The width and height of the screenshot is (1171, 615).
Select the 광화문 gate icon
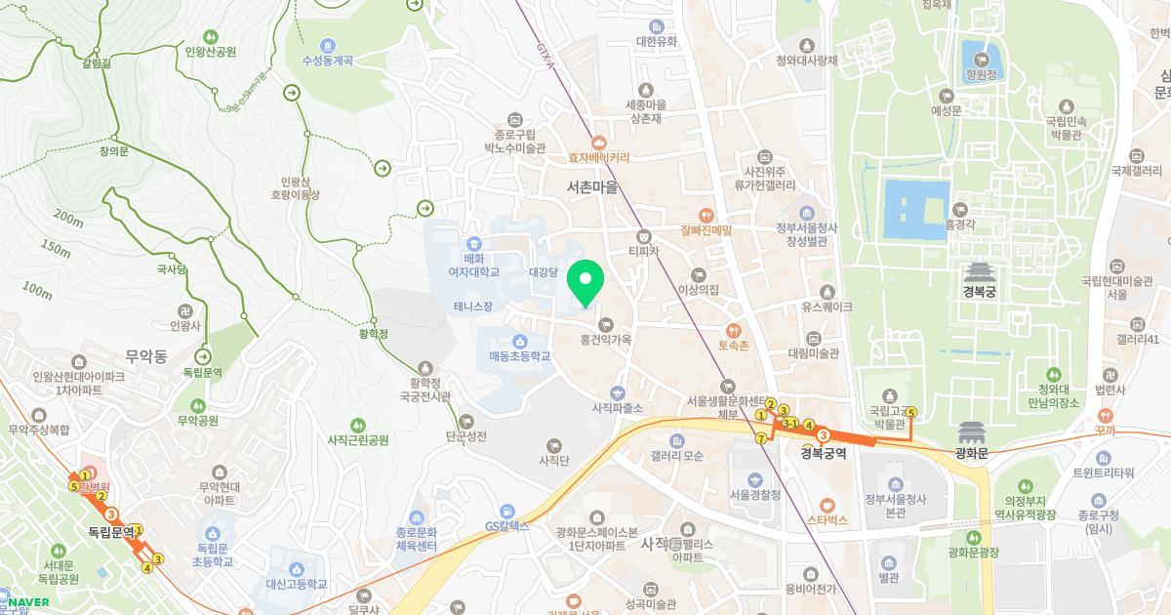point(973,431)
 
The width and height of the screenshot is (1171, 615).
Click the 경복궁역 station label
point(823,452)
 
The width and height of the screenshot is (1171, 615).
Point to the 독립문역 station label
point(103,531)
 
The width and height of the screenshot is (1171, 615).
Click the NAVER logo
point(25,602)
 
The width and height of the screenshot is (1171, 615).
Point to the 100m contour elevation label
point(36,291)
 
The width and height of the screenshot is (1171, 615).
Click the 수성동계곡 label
point(327,60)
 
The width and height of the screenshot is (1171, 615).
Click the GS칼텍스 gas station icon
point(505,511)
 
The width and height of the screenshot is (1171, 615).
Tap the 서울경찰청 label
point(755,495)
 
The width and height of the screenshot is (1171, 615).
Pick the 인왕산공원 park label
point(211,52)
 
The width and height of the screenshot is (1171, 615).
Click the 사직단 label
point(554,459)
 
